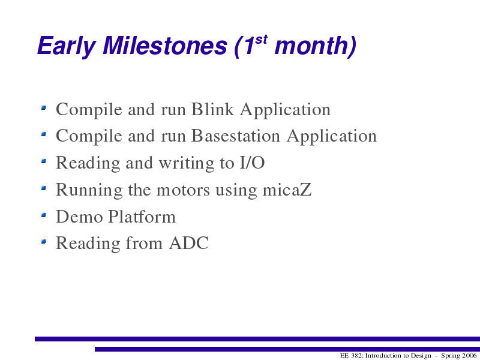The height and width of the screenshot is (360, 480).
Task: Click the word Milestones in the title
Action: (164, 46)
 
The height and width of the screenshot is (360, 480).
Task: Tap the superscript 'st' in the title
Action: (261, 40)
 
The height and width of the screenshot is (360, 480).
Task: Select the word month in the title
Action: (312, 46)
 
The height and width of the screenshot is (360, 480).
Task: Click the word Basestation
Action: (235, 136)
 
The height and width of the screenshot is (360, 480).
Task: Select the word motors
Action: (183, 190)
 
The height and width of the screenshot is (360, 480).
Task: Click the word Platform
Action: (142, 217)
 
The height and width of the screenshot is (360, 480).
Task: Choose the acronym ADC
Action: (188, 243)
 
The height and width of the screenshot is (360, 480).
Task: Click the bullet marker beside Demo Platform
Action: (43, 215)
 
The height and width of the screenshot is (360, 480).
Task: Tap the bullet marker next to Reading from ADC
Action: (43, 242)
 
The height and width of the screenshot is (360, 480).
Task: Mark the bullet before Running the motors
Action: (43, 188)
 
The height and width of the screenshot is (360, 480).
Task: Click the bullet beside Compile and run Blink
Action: (43, 107)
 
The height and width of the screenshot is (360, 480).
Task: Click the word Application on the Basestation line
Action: (332, 136)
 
